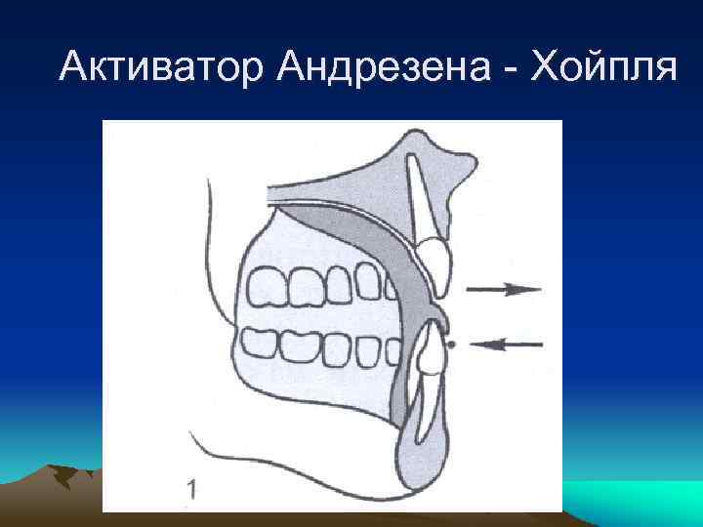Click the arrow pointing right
504,289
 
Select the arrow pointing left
506,343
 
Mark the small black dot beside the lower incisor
450,344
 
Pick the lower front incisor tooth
428,356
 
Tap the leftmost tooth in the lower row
260,343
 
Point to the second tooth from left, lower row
297,345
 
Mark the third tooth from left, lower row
335,347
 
